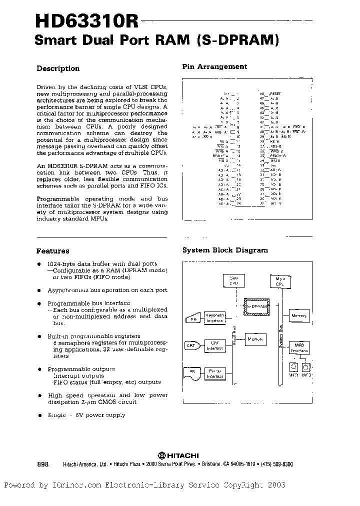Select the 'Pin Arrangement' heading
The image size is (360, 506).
(x=214, y=66)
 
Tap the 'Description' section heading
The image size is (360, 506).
(x=58, y=68)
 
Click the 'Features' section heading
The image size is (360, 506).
(x=52, y=251)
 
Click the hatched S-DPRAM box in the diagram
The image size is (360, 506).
(x=255, y=305)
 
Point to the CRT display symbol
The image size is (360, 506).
(x=191, y=346)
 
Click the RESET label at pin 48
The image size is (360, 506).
(x=275, y=94)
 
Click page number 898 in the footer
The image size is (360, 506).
(x=42, y=464)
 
